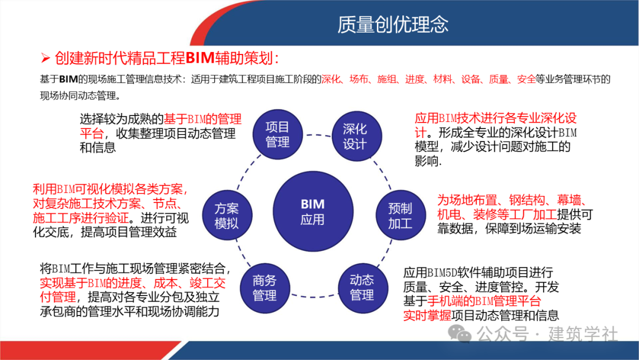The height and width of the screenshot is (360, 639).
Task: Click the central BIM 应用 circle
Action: (312, 211)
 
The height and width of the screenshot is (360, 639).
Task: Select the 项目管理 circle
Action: (277, 134)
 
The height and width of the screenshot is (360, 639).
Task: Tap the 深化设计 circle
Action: (355, 136)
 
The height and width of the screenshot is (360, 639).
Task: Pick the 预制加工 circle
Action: (400, 216)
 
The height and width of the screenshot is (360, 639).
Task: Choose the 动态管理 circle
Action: (362, 287)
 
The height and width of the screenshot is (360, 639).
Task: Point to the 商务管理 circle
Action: (264, 288)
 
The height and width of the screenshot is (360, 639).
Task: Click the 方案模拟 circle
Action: (227, 216)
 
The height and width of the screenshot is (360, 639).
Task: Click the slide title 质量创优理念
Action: (393, 24)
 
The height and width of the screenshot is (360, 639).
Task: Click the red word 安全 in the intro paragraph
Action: (525, 79)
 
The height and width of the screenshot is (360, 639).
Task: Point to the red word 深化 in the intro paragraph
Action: (331, 79)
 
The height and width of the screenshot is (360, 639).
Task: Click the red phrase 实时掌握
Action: (424, 315)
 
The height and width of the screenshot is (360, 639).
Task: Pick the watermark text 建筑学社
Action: (583, 335)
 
